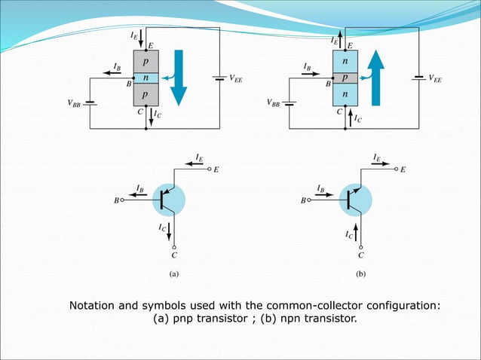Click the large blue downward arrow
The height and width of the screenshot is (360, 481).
(x=179, y=77)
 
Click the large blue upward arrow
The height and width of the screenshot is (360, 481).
(x=377, y=77)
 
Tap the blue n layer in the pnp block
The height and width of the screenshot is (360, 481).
(x=145, y=78)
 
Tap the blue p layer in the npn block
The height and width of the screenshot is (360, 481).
(x=344, y=78)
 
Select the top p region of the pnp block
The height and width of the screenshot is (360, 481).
(x=145, y=61)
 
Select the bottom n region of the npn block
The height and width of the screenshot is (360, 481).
(x=344, y=95)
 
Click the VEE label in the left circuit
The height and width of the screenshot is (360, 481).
(x=236, y=77)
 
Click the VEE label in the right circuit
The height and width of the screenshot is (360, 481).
(x=436, y=77)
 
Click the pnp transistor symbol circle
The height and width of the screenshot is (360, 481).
(x=173, y=199)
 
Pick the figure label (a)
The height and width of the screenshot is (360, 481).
(x=174, y=275)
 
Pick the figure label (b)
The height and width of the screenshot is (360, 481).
(x=360, y=275)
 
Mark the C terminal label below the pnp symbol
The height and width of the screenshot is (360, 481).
(x=175, y=255)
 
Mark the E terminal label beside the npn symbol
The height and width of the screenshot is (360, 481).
(x=403, y=170)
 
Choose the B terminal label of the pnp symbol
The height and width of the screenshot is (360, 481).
(x=116, y=200)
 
